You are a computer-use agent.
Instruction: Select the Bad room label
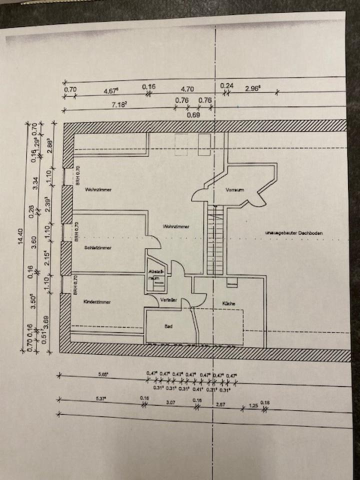pos(168,326)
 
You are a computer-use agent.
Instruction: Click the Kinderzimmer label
pos(97,301)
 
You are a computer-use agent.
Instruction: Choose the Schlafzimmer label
pos(97,247)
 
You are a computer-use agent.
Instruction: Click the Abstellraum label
pos(153,273)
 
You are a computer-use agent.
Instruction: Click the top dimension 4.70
pos(187,89)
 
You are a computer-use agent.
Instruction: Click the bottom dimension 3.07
pos(171,401)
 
